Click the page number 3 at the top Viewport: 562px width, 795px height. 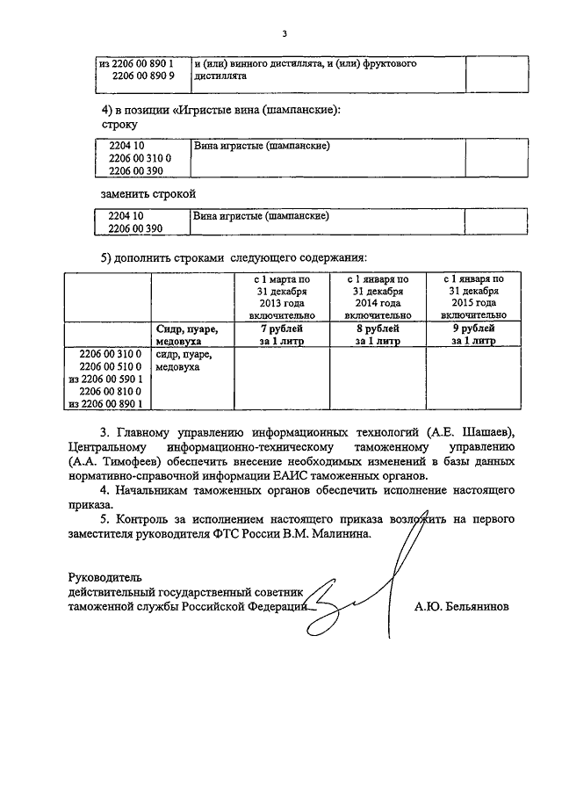[284, 34]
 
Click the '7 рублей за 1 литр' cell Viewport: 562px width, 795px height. [281, 335]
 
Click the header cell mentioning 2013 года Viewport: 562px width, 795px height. [281, 297]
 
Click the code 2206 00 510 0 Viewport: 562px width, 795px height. [111, 366]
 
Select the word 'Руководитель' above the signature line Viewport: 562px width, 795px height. [104, 577]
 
